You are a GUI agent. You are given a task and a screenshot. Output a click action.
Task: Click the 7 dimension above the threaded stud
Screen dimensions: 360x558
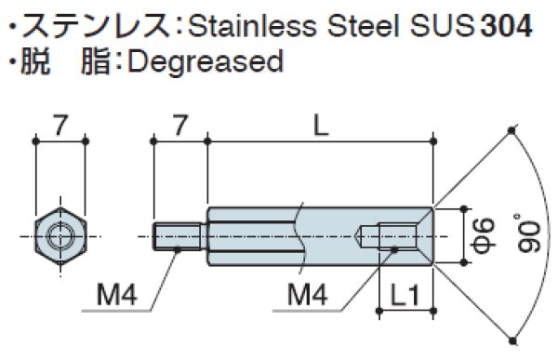[x=179, y=122]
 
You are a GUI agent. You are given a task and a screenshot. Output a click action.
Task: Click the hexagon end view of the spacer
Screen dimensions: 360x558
[x=60, y=235]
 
